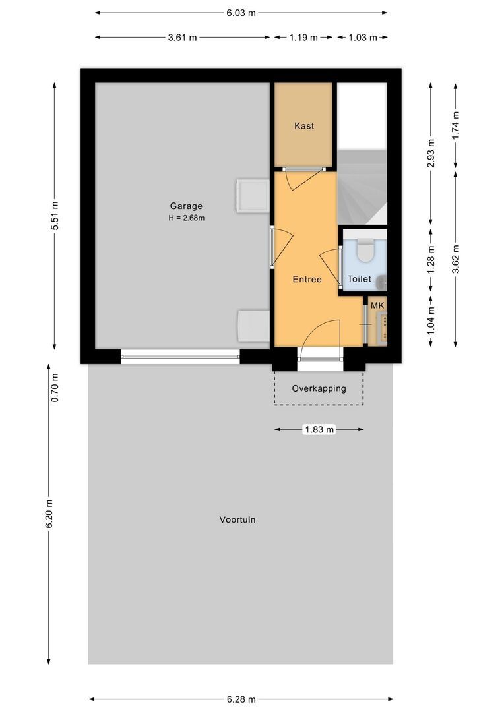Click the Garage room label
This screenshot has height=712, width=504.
click(186, 206)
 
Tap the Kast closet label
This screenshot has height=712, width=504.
click(304, 125)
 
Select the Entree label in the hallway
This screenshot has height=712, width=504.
click(307, 279)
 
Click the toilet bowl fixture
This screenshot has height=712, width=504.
click(365, 251)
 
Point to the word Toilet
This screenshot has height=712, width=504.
click(360, 279)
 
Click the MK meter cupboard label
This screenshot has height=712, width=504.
click(377, 305)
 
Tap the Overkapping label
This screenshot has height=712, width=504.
click(319, 388)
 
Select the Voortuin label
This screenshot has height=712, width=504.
click(237, 519)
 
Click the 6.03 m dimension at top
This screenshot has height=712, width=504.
click(241, 13)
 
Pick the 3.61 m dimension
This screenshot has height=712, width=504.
click(182, 38)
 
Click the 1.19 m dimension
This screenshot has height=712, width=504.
click(303, 38)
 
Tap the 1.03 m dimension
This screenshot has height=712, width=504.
click(362, 38)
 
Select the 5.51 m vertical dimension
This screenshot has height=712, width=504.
click(55, 215)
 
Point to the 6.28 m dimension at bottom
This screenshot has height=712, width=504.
click(241, 699)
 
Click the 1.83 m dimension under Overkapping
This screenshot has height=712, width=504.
click(319, 430)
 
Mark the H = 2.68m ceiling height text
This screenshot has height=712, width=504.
click(186, 218)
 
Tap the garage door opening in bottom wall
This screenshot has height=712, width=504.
click(180, 357)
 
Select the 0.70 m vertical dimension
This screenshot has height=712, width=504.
click(55, 388)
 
